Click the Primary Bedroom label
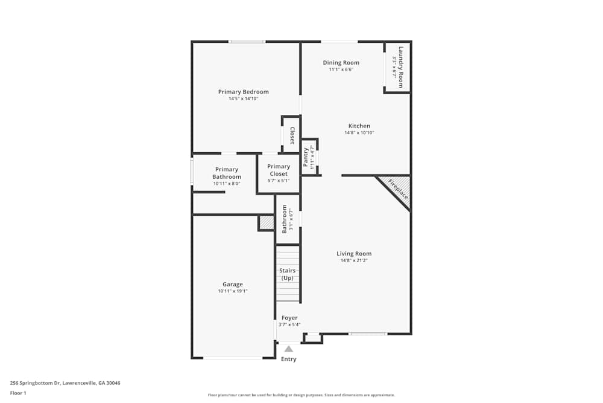(x=243, y=92)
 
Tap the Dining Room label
(x=341, y=63)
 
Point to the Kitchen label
(x=359, y=126)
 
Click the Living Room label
(x=354, y=254)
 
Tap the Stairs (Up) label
(x=287, y=274)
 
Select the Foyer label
(x=289, y=318)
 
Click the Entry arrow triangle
(x=289, y=349)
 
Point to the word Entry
(x=289, y=359)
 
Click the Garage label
(x=233, y=285)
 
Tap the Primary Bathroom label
(x=226, y=173)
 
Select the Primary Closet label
(x=279, y=170)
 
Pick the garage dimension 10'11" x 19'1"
(x=233, y=291)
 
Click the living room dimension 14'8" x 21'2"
(x=354, y=260)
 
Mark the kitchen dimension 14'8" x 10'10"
(x=359, y=133)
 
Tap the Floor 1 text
(x=18, y=393)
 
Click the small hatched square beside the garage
(x=266, y=223)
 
